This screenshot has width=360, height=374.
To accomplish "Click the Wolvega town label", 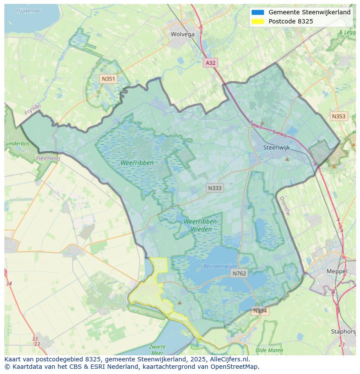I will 183,34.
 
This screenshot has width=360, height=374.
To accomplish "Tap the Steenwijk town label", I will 277,148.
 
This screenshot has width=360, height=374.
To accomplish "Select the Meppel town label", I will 337,271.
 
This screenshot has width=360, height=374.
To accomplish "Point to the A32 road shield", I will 210,63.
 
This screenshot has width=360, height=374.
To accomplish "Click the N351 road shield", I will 108,79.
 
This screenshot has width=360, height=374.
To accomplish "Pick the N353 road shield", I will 339,116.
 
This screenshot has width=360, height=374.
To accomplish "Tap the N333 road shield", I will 214,188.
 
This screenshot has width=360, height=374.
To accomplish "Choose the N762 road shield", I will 239,273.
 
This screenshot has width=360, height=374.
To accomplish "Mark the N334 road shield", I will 260,311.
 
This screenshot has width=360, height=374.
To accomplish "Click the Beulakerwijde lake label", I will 220,266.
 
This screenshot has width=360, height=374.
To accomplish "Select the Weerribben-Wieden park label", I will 201,225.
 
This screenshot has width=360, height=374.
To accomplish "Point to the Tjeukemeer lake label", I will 28,10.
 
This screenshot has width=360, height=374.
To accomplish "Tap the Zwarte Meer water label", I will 157,349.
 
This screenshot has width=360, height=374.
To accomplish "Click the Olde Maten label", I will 269,350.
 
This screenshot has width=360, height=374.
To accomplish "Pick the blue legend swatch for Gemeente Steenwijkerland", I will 257,12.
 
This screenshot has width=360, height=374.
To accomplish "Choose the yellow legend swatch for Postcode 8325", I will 257,21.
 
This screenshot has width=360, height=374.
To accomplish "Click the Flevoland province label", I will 48,159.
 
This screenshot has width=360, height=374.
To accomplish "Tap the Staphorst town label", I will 343,331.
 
